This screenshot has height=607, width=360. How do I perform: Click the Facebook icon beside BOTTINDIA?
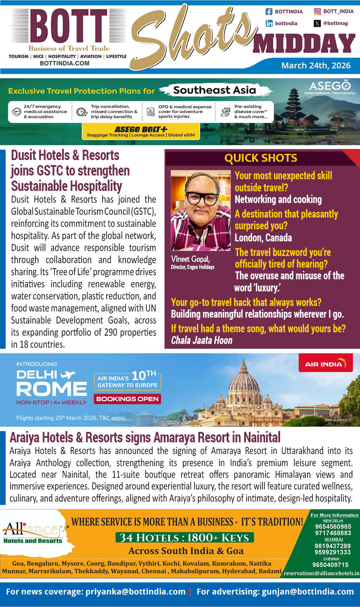coord(269,12)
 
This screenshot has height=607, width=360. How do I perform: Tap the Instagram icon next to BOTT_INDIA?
coord(317,12)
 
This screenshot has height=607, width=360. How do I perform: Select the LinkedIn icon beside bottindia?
coord(269,23)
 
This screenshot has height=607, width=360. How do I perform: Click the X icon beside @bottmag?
coord(317,23)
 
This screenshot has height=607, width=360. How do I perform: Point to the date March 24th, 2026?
coord(316,65)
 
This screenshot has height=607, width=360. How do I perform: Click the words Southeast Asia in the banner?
coord(215,90)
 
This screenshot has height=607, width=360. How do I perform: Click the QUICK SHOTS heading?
coord(260,158)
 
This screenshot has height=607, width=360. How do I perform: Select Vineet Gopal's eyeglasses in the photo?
coord(202,197)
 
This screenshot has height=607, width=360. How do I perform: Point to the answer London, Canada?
coord(263,238)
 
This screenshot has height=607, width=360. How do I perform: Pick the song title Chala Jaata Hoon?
coord(202,340)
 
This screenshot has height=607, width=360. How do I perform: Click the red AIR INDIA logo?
coord(325,364)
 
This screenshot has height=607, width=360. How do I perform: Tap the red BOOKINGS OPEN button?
coord(127,399)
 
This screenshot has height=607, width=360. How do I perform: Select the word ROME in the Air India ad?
coord(52,389)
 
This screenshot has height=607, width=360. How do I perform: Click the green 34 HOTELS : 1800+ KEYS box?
coord(184,537)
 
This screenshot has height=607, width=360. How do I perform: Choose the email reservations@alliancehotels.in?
coord(321,573)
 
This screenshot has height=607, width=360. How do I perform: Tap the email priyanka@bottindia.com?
coord(135,591)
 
